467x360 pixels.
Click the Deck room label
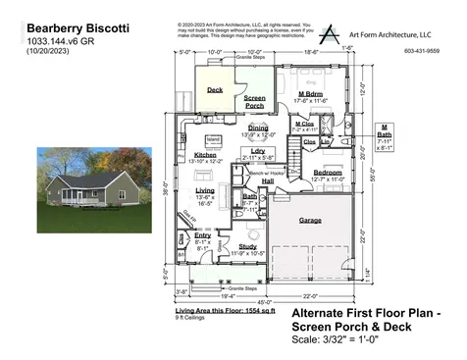(x=216, y=89)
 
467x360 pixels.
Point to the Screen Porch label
(x=254, y=101)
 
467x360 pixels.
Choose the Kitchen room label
(x=206, y=155)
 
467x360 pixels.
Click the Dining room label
(x=258, y=128)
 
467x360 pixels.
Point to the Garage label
(x=310, y=220)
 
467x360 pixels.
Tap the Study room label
(x=247, y=246)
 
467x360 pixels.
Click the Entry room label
(x=202, y=235)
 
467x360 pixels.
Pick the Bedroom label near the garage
(x=327, y=172)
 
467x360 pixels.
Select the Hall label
(x=268, y=180)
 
